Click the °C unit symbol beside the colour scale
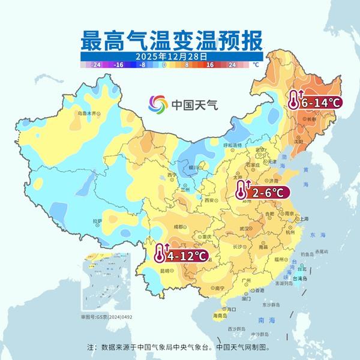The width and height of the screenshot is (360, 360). point(254,64)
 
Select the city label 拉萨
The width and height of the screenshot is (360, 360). point(98,221)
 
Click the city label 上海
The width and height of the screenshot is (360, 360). point(304,219)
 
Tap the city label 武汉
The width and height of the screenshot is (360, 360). point(244,229)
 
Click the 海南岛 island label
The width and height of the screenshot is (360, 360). point(220,315)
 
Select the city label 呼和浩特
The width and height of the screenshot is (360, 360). point(232,145)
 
